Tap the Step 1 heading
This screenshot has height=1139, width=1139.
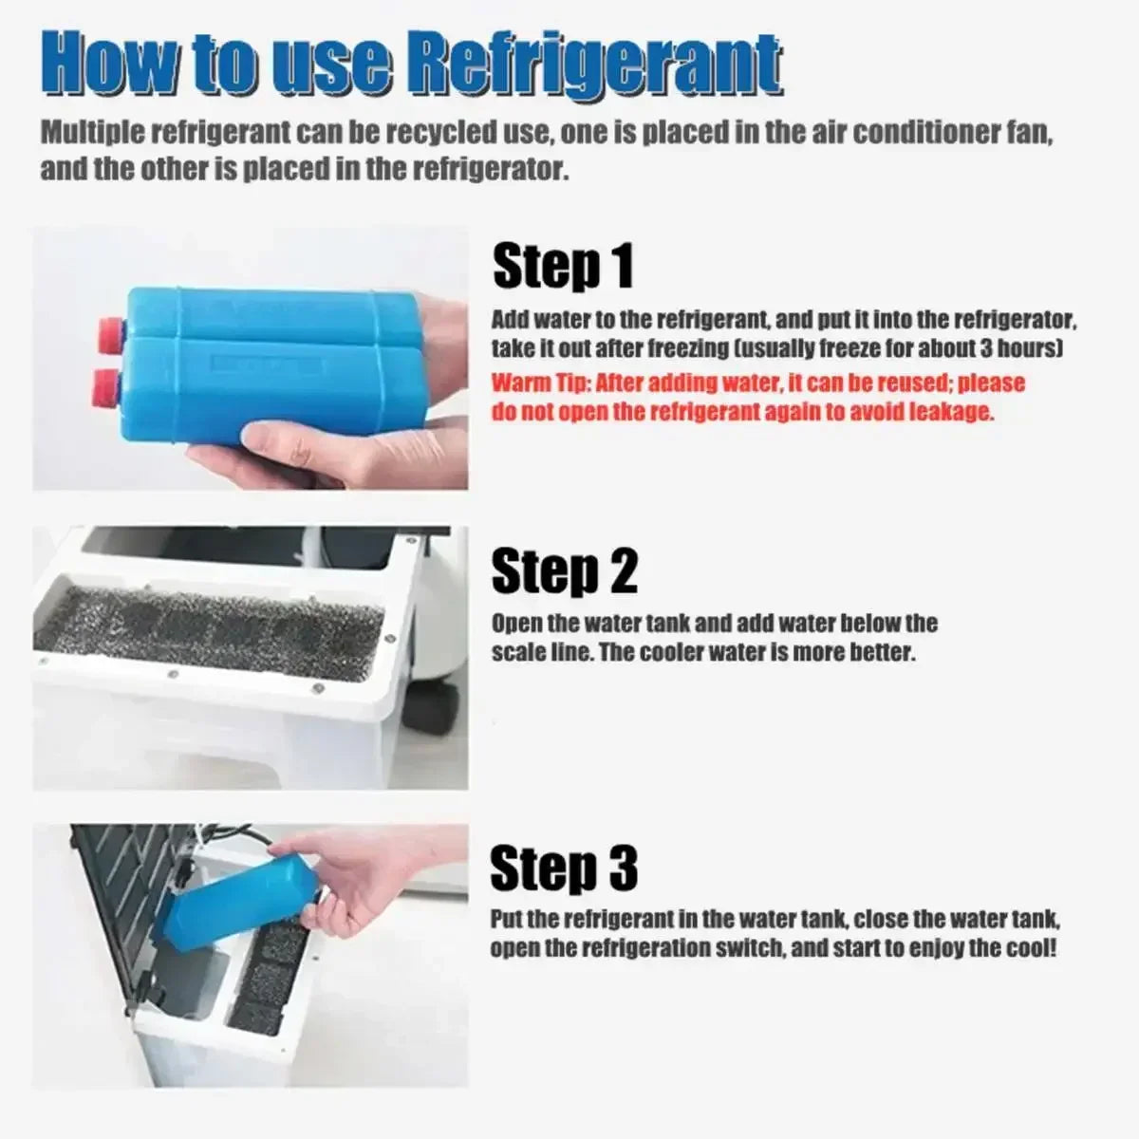[x=563, y=266]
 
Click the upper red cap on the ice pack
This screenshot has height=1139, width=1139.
[x=110, y=329]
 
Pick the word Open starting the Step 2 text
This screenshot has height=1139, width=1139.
[x=515, y=624]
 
